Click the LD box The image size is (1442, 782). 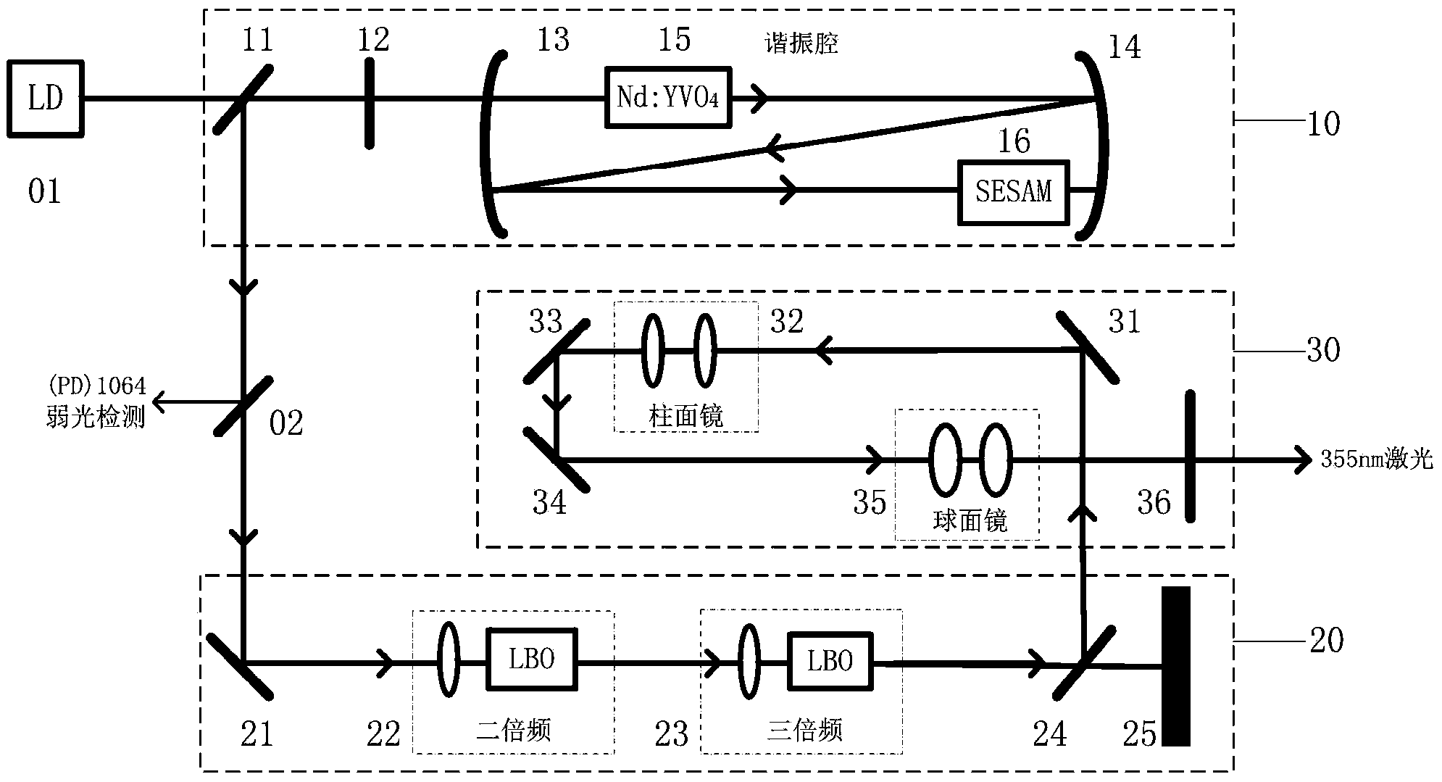coord(45,99)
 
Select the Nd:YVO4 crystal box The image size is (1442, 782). coord(667,98)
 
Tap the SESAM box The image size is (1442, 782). coord(1013,191)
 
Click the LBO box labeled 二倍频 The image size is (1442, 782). coord(532,660)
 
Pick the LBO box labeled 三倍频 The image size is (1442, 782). coord(830,660)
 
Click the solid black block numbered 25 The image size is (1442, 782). coord(1175,665)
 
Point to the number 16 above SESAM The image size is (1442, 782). coord(1014,141)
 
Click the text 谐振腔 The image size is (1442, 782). coord(802,43)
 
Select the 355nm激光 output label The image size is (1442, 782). coord(1376,459)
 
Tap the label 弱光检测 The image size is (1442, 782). coord(95,417)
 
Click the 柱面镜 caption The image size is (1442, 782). coord(685,416)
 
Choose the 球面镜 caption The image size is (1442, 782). coord(970,520)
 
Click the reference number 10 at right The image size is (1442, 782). coord(1323,124)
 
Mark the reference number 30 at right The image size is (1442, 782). coord(1323,350)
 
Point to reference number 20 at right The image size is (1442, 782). coord(1326,640)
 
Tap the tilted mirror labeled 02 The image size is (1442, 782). coord(243,406)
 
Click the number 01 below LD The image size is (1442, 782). coord(44,191)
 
